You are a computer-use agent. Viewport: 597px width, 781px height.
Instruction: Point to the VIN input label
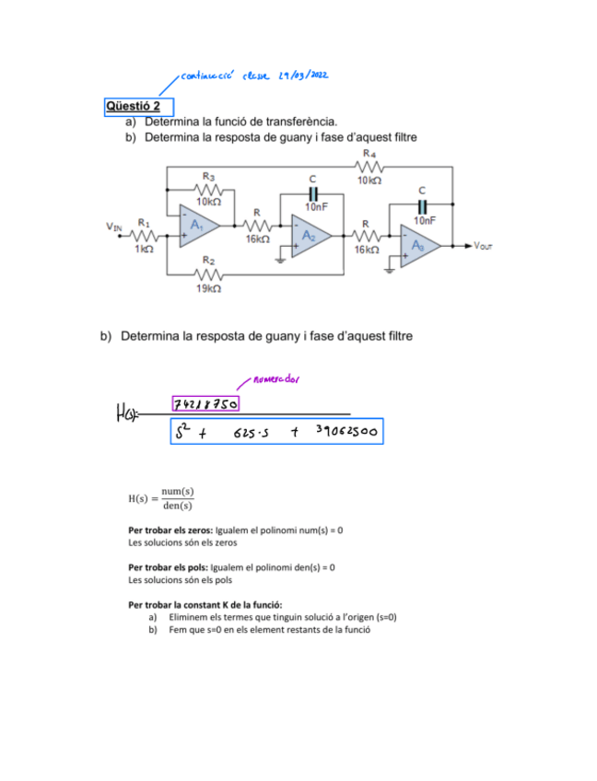(x=114, y=226)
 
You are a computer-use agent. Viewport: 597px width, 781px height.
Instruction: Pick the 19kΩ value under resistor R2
(x=208, y=288)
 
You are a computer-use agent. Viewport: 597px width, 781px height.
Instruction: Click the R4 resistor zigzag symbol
(x=369, y=167)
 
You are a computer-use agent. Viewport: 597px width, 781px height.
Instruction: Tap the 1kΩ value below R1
(x=144, y=250)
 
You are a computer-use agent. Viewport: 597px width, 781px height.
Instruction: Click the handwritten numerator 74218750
(x=205, y=404)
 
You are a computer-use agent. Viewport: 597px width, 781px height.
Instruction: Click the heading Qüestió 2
(x=133, y=106)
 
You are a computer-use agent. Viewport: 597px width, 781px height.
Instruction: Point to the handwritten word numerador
(x=275, y=378)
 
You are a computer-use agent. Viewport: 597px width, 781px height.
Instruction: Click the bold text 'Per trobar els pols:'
(x=169, y=567)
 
